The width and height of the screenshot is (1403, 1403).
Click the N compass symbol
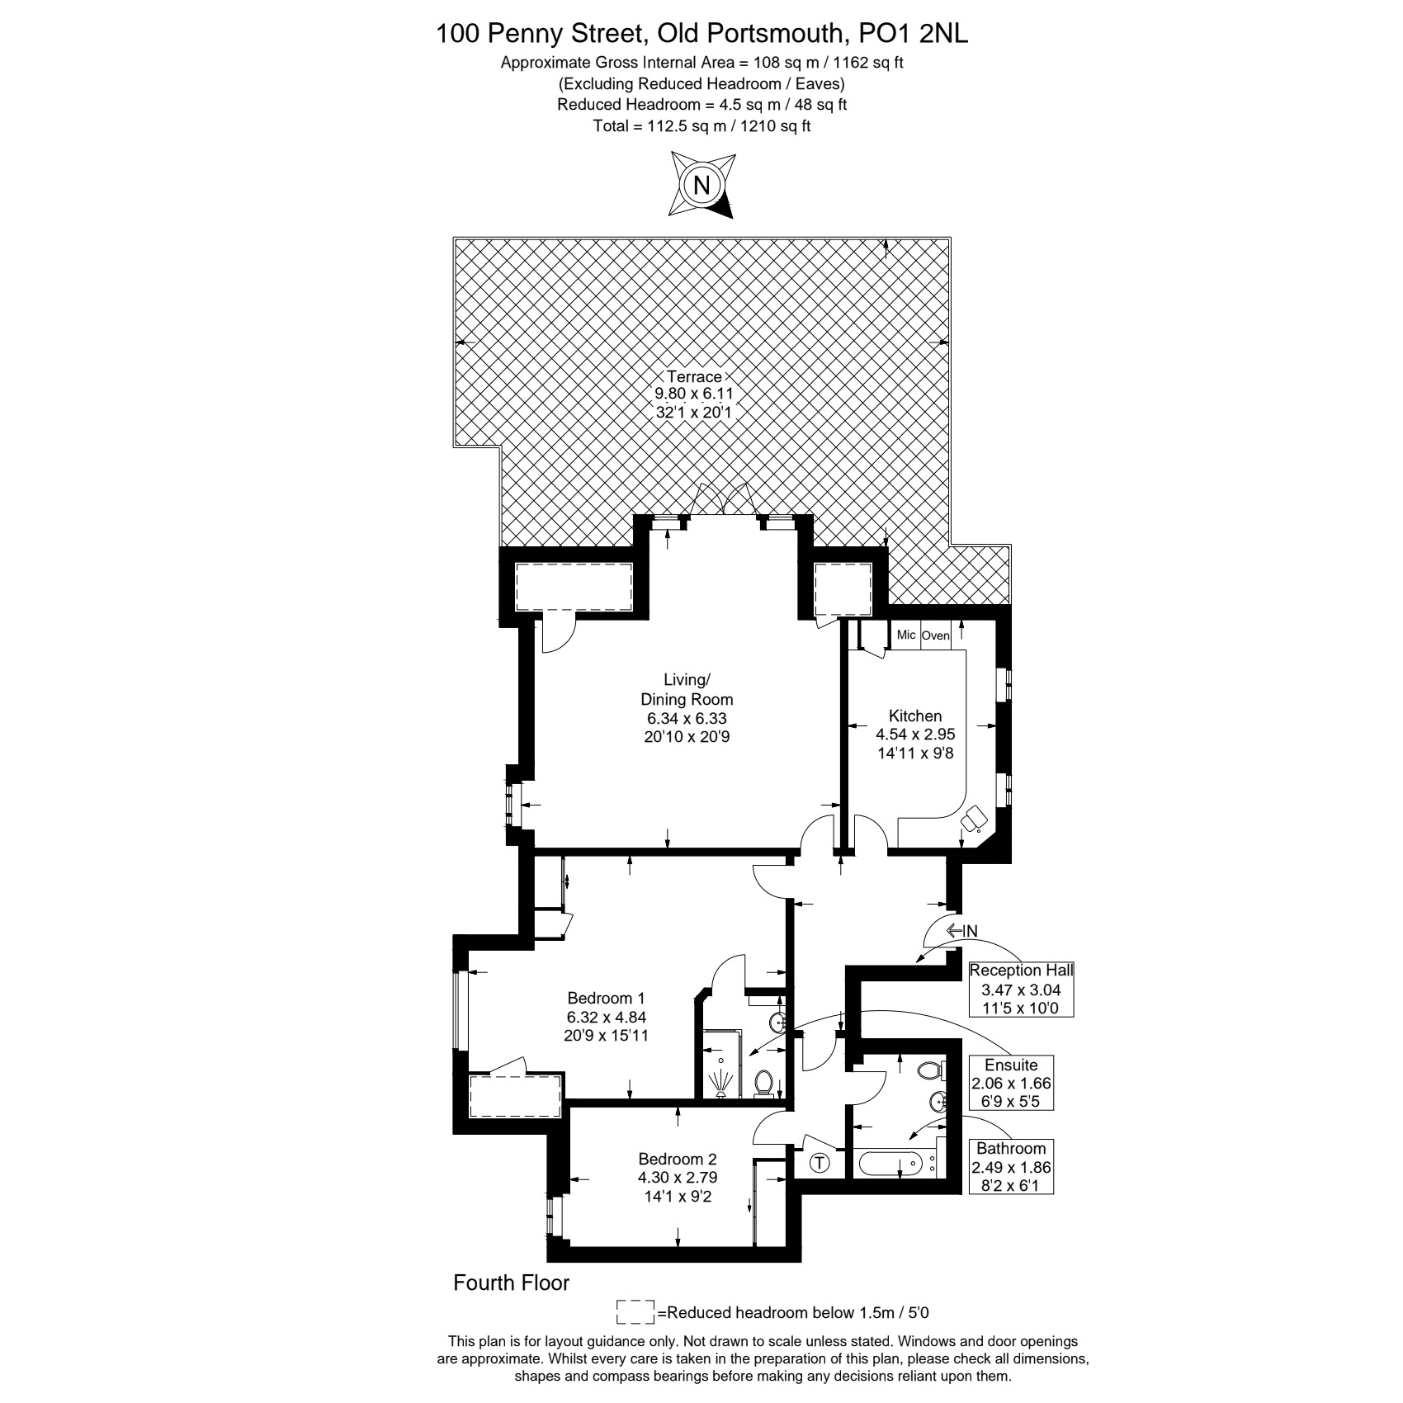point(701,185)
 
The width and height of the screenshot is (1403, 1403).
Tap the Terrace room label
point(694,377)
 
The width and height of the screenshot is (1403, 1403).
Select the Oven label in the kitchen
point(935,635)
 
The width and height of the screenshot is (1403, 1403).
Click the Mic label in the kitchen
point(906,635)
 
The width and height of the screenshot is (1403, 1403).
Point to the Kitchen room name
point(915,716)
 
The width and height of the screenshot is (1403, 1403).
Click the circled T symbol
point(820,1164)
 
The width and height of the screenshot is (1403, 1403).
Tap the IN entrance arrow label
point(962,931)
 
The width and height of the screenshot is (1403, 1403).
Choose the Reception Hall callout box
point(1022,990)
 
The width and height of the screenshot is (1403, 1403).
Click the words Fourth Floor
point(512,1283)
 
